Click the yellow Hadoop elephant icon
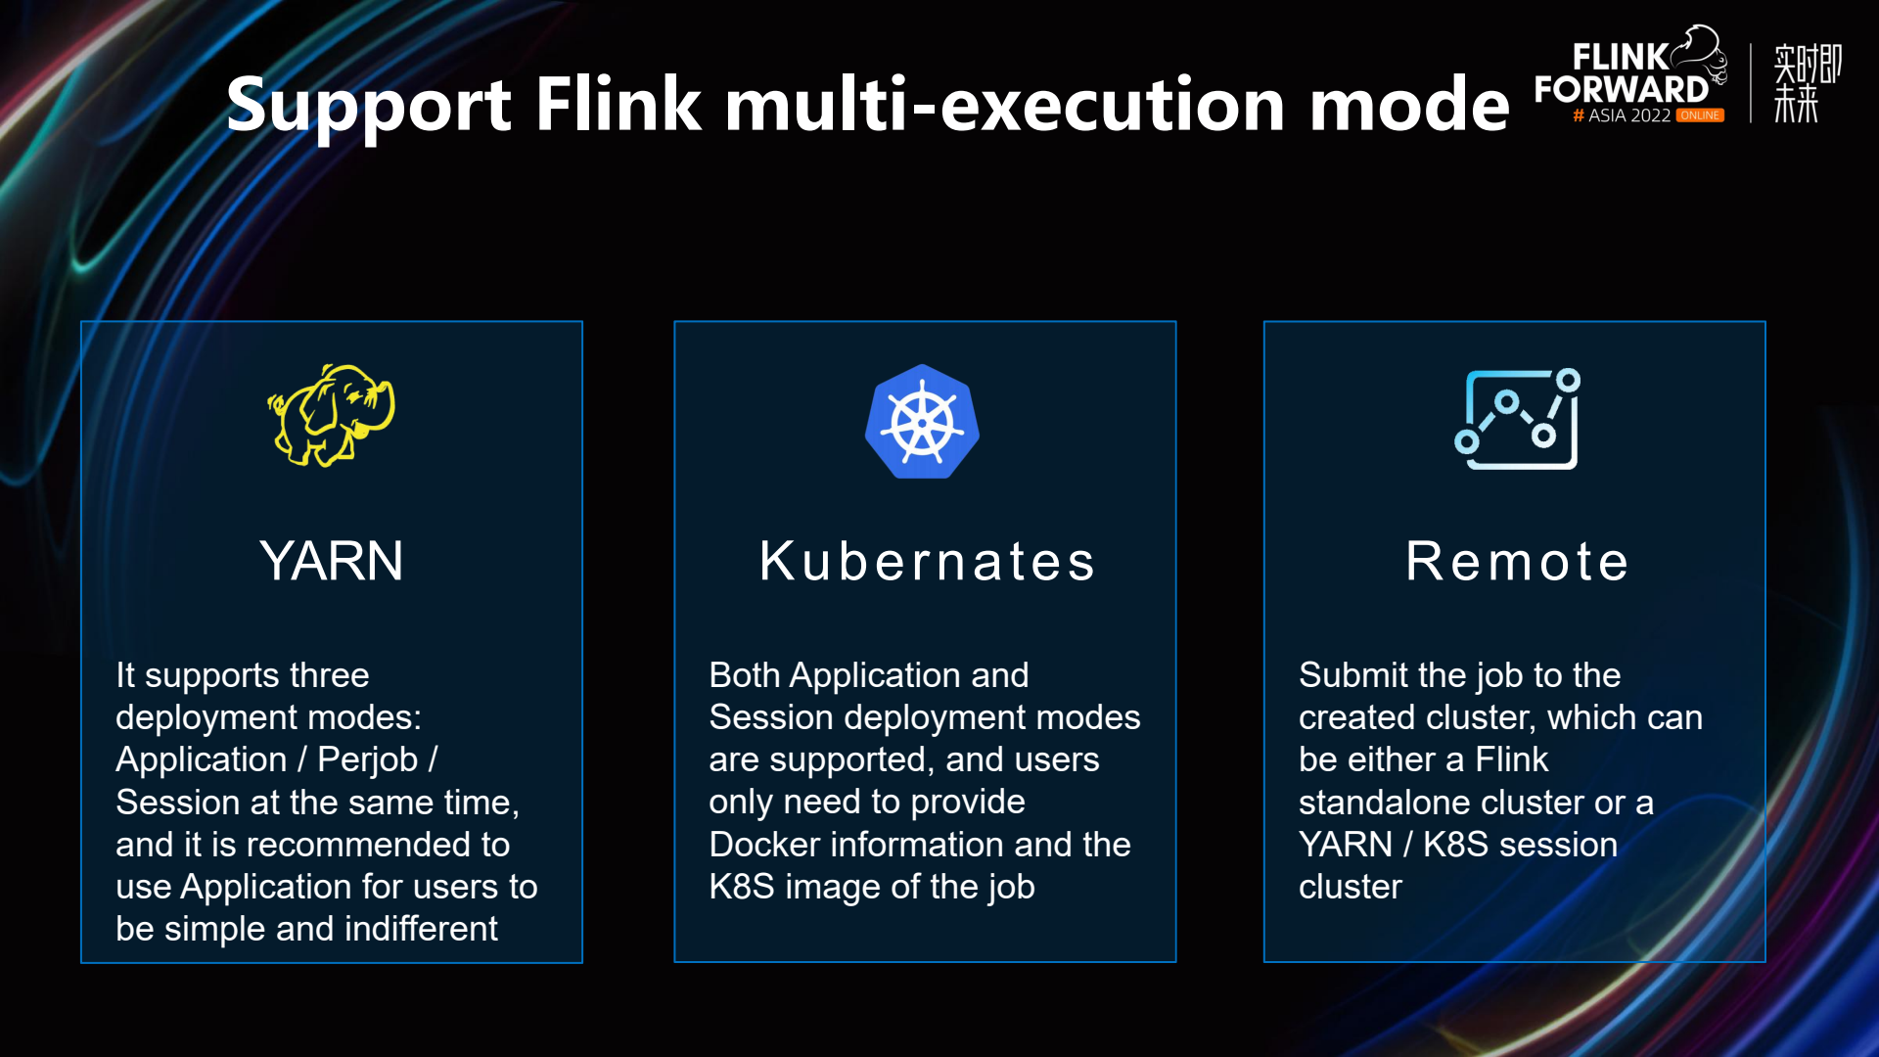pyautogui.click(x=332, y=415)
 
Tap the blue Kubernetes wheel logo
pyautogui.click(x=922, y=422)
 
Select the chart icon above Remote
pyautogui.click(x=1517, y=420)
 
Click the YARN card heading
pyautogui.click(x=332, y=561)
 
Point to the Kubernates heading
pyautogui.click(x=927, y=562)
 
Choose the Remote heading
pyautogui.click(x=1517, y=562)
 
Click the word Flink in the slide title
pyautogui.click(x=618, y=104)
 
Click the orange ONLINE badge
pyautogui.click(x=1700, y=115)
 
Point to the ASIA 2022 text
pyautogui.click(x=1628, y=115)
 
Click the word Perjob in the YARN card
pyautogui.click(x=367, y=759)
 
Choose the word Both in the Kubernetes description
pyautogui.click(x=744, y=675)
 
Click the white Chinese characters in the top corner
pyautogui.click(x=1807, y=83)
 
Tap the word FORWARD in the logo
pyautogui.click(x=1621, y=90)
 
